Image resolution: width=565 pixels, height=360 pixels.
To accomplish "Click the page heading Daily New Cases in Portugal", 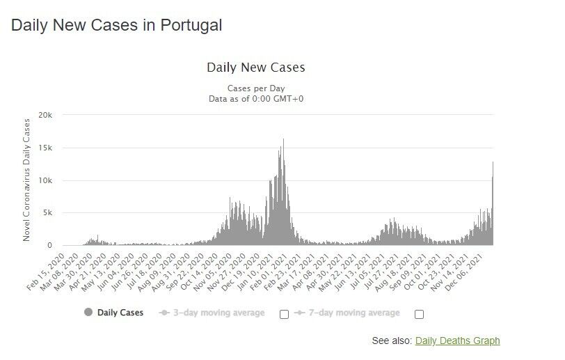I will (117, 26).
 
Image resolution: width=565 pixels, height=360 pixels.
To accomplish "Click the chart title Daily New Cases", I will (256, 68).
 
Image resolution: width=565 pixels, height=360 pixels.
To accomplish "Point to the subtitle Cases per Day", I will (256, 88).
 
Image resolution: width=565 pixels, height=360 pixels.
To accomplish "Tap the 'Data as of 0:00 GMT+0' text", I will (256, 99).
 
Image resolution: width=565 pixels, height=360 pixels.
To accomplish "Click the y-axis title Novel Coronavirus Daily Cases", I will (27, 180).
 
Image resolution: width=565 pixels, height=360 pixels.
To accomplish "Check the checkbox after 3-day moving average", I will (284, 314).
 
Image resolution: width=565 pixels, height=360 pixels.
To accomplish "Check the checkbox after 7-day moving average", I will (419, 314).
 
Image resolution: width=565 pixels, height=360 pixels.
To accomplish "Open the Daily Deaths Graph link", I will (457, 341).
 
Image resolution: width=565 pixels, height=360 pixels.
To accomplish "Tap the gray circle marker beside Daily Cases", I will (88, 313).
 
